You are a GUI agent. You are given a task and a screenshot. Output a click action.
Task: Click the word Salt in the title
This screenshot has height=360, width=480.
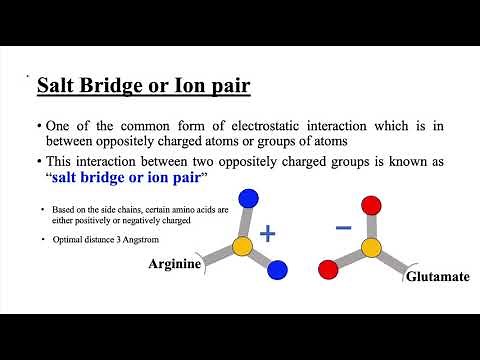click(56, 86)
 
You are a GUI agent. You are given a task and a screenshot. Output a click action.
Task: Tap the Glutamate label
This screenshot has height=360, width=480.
click(437, 274)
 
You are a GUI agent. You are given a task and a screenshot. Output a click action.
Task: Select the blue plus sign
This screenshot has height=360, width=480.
click(267, 234)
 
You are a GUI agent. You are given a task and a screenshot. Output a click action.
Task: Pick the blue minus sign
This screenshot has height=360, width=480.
click(343, 227)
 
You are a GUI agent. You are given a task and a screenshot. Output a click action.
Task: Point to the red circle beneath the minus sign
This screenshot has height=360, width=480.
click(326, 268)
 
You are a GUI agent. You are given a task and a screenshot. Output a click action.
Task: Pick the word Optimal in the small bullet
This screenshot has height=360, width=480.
click(56, 239)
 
